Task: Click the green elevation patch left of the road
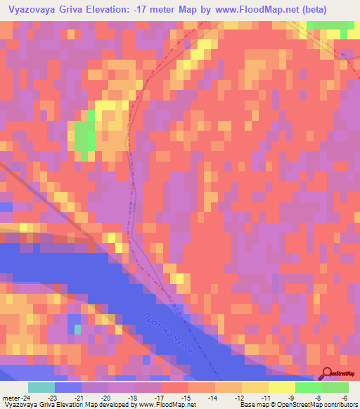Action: click(84, 138)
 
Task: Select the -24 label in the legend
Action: click(19, 397)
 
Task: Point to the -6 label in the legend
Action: click(335, 397)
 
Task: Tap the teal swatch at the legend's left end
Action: click(41, 387)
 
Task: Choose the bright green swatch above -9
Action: click(308, 387)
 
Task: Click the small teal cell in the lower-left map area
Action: click(77, 328)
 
